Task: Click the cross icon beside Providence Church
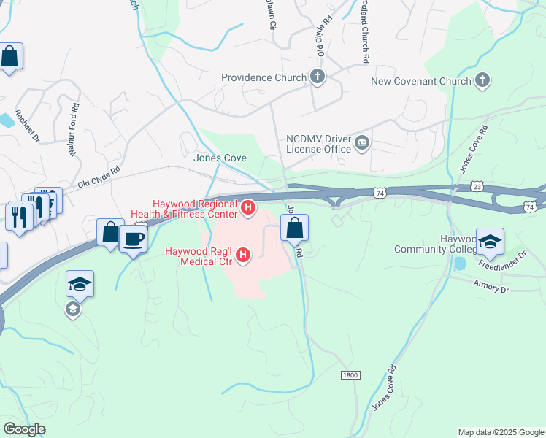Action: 317,77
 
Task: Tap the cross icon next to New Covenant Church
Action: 482,80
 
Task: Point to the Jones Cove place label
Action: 220,158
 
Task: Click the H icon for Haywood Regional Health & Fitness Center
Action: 248,209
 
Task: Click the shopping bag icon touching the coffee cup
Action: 109,232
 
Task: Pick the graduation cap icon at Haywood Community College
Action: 490,241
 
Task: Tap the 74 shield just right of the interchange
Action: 380,193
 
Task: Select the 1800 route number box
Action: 350,374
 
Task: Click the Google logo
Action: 24,429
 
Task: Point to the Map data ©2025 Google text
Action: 500,432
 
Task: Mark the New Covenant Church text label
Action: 421,81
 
